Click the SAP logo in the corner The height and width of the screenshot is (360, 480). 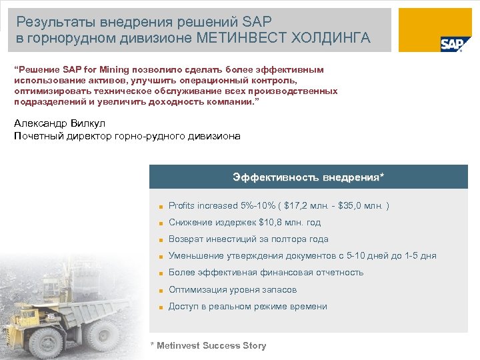(451, 43)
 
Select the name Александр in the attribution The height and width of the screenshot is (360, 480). (39, 123)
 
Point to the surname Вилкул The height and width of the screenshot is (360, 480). (86, 123)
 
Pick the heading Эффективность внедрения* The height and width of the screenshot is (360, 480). (308, 177)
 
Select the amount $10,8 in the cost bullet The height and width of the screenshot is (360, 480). (271, 222)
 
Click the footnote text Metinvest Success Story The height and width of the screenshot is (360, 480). (211, 345)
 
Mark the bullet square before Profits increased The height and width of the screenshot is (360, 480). (161, 206)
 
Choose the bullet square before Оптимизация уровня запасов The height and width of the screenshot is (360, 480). (161, 291)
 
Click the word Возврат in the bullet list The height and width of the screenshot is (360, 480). (185, 239)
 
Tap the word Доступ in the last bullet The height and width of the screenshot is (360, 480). (183, 306)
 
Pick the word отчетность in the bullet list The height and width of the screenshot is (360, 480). (337, 272)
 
